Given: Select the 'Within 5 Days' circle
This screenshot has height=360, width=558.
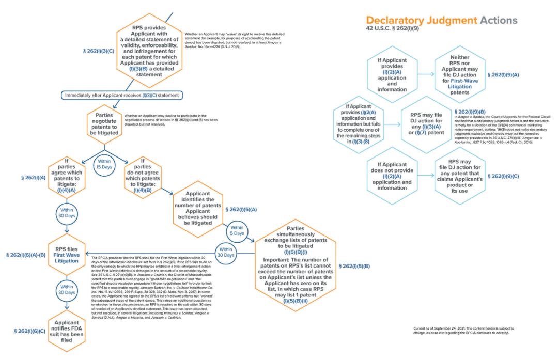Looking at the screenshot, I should click(237, 231).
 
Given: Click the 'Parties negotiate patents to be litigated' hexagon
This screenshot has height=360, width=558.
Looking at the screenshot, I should click(104, 121).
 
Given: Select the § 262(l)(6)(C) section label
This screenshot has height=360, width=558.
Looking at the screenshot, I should click(30, 331).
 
